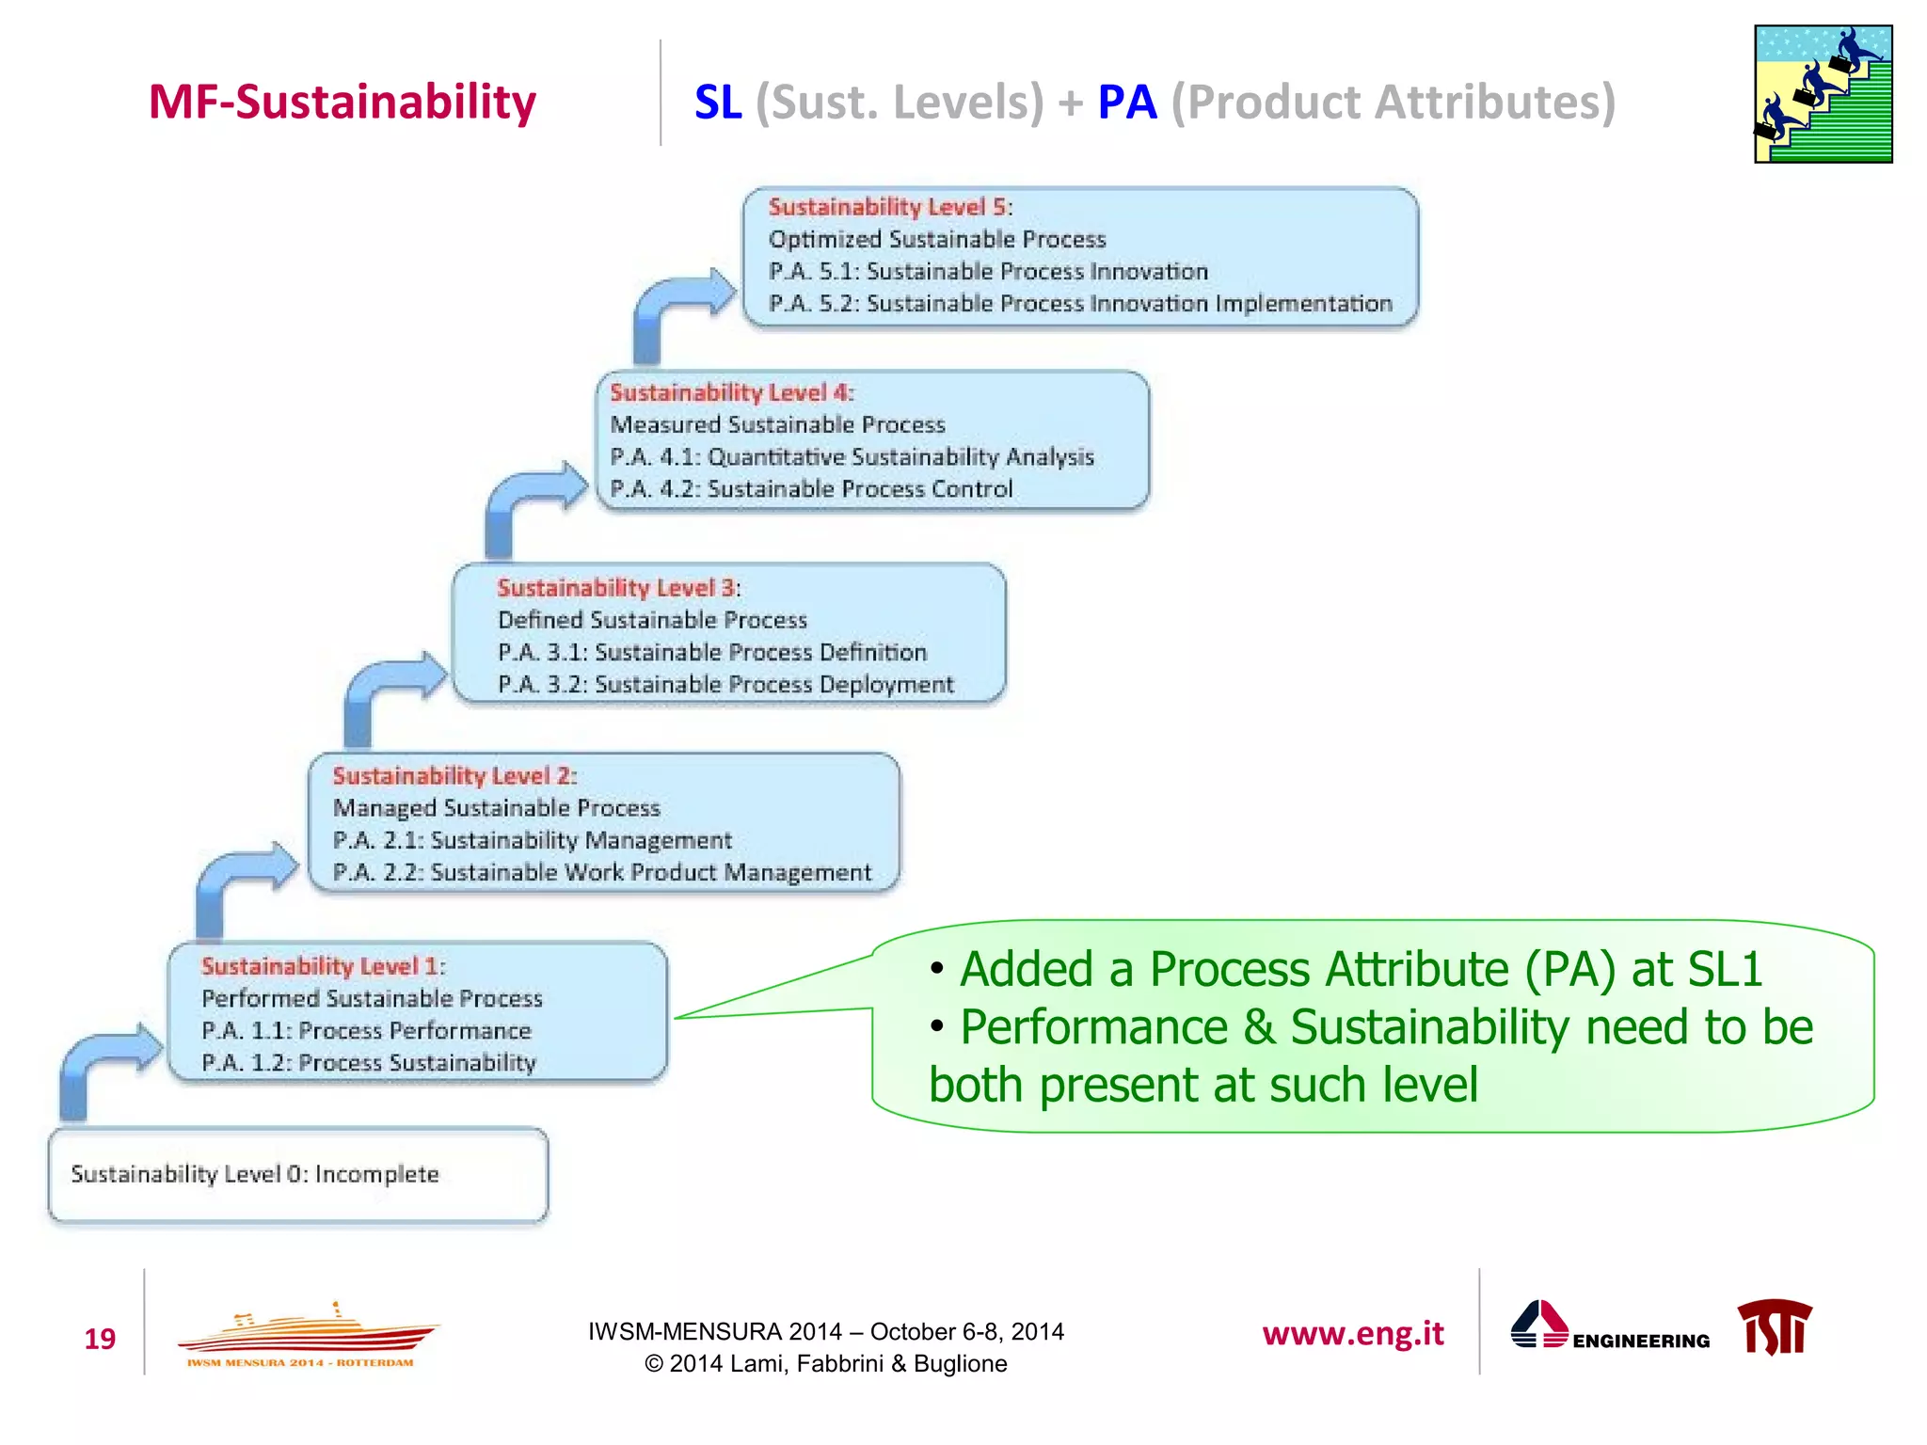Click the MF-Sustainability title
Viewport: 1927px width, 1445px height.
pyautogui.click(x=342, y=102)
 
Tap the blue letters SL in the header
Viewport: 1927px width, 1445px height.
pyautogui.click(x=718, y=102)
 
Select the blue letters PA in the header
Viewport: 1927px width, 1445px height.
pyautogui.click(x=1126, y=102)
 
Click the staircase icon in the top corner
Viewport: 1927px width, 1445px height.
pyautogui.click(x=1823, y=94)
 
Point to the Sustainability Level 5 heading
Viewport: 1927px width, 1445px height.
pyautogui.click(x=889, y=207)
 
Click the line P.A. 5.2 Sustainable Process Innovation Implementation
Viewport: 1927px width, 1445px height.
pyautogui.click(x=1079, y=304)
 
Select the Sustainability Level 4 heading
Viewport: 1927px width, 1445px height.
pyautogui.click(x=731, y=392)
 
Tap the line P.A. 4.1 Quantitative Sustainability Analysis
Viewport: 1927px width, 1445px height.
pyautogui.click(x=852, y=457)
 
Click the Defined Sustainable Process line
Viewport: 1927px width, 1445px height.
pyautogui.click(x=652, y=620)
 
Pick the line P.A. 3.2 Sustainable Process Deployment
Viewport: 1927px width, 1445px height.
pyautogui.click(x=725, y=685)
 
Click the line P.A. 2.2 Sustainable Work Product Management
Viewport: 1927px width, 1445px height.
pyautogui.click(x=602, y=873)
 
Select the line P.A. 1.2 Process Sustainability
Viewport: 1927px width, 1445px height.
pyautogui.click(x=369, y=1063)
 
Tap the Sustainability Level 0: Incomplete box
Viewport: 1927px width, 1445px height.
pyautogui.click(x=297, y=1175)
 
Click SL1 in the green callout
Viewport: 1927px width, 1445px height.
pyautogui.click(x=1725, y=970)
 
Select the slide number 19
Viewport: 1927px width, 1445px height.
pyautogui.click(x=100, y=1339)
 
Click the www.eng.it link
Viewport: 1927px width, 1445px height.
pyautogui.click(x=1352, y=1334)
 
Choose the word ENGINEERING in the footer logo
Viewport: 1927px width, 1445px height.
pyautogui.click(x=1640, y=1342)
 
